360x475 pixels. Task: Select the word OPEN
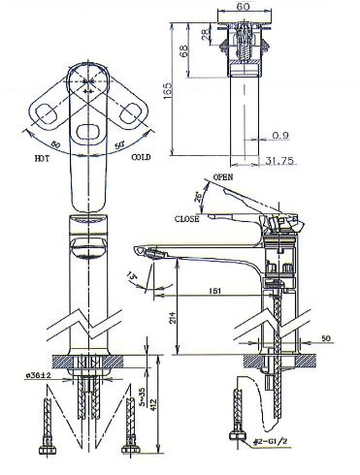(222, 177)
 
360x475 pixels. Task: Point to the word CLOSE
(188, 219)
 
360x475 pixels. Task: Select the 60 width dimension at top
(243, 7)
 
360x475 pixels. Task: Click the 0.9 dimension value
(281, 135)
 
